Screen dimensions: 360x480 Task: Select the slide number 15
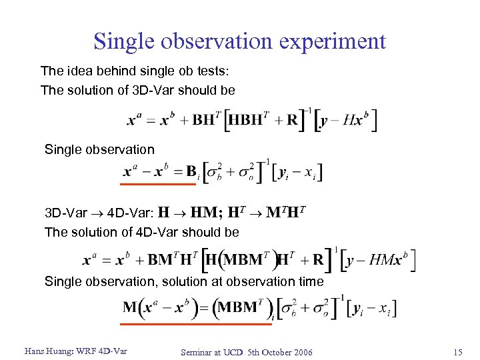457,351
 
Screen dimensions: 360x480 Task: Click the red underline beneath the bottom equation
197,323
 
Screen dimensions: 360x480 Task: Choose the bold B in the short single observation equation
191,171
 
